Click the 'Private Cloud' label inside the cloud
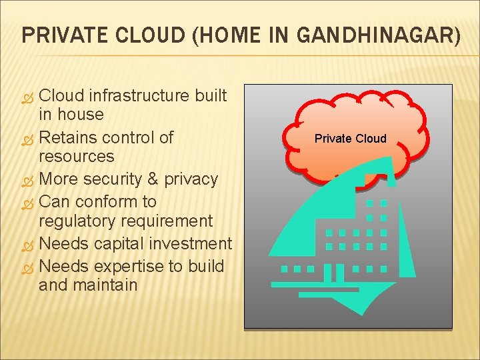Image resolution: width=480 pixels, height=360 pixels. pos(350,139)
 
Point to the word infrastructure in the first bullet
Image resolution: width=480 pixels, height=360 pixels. pos(138,95)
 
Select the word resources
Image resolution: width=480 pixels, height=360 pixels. pos(76,157)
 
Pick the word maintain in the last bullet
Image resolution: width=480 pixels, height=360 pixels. pos(106,285)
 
